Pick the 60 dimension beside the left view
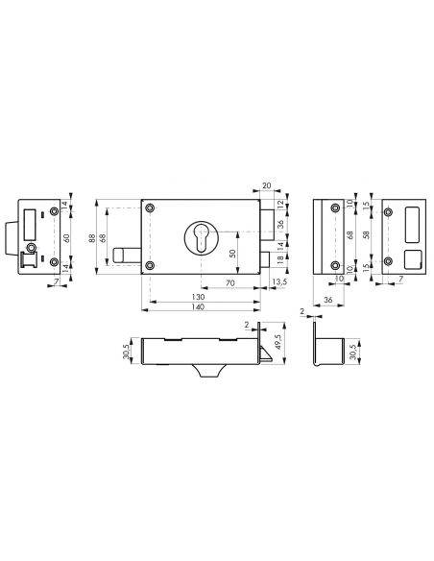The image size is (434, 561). (64, 236)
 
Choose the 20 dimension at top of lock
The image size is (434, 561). (266, 187)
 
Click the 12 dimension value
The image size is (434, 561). (280, 206)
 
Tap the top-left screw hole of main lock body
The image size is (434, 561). (151, 207)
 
